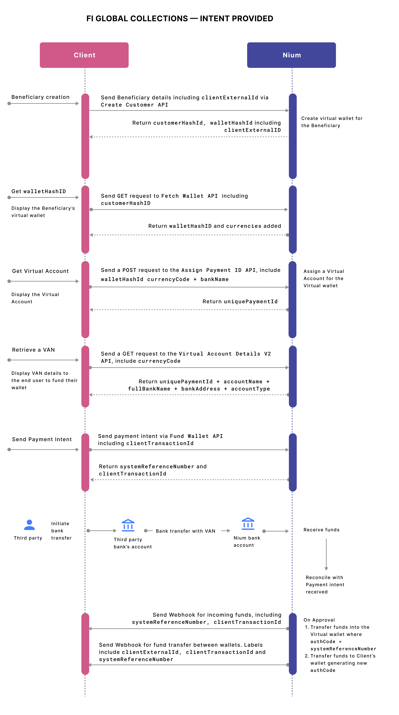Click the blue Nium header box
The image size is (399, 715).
291,55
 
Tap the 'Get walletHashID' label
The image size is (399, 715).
39,191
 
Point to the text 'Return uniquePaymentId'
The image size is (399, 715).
240,301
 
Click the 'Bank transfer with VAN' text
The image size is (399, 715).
185,531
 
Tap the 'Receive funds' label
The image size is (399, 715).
321,530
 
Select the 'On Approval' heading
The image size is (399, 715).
319,620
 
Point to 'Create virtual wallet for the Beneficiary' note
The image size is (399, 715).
332,122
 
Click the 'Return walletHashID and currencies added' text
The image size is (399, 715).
214,226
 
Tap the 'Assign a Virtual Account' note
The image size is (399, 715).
324,278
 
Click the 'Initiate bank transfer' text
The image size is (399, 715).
61,531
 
